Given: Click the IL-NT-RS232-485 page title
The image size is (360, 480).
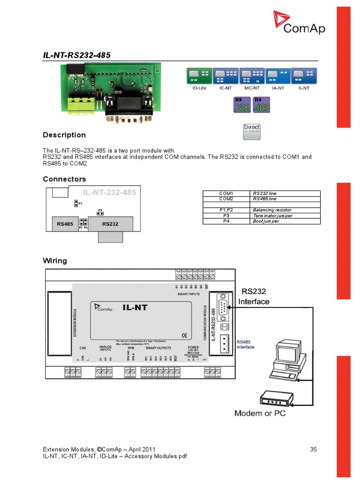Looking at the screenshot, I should (x=77, y=55).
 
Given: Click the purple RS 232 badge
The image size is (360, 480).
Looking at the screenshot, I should (x=242, y=105).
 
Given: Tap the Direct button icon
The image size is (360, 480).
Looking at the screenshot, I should (x=252, y=132).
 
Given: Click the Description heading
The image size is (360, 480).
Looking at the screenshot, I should (x=64, y=135).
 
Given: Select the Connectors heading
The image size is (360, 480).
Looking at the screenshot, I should (x=65, y=179).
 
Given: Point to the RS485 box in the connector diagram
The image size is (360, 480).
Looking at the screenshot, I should (x=65, y=224).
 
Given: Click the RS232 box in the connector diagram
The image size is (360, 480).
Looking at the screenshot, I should (x=110, y=224).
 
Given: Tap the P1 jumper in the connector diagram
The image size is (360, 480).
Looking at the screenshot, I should (x=76, y=203).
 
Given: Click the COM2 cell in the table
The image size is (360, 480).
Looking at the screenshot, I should (x=226, y=199).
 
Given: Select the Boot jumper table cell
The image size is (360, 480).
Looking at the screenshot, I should (x=266, y=221).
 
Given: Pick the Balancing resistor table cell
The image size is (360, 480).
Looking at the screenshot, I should (x=272, y=210).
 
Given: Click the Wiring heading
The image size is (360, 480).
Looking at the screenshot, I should (x=55, y=261).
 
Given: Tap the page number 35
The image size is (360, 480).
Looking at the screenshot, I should (x=314, y=449).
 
